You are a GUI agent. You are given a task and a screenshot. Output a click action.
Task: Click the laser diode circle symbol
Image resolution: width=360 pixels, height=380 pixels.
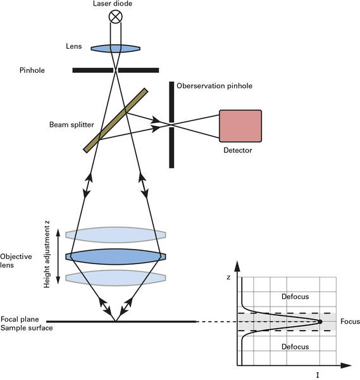116,16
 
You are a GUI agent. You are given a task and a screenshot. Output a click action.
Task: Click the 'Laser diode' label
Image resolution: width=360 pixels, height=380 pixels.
113,4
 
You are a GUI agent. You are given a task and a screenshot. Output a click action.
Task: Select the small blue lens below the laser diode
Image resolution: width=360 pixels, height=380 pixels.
116,49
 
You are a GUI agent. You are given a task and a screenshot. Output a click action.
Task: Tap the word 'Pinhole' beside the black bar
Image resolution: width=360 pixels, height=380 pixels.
32,70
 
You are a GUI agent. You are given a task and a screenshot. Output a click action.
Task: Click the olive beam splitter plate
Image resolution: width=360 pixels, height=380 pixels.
116,120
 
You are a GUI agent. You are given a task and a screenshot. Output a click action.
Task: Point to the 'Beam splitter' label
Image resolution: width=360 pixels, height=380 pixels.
71,125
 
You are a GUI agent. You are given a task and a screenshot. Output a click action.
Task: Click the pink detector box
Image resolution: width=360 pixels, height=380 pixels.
240,126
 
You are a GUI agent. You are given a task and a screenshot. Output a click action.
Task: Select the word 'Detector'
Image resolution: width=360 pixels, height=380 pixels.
238,150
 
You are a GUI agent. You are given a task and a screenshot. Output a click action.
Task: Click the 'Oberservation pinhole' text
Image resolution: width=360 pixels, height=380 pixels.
214,85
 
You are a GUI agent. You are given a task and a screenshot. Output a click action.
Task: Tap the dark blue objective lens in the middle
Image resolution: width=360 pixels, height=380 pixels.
116,256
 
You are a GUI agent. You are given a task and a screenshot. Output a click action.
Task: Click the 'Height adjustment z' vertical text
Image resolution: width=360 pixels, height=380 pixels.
47,254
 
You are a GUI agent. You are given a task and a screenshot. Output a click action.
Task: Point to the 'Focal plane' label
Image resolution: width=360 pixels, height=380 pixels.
20,319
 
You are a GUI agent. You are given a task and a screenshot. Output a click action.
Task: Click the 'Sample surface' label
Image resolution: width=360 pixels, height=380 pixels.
27,328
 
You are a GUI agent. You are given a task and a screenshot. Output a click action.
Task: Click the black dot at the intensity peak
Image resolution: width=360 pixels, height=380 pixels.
320,322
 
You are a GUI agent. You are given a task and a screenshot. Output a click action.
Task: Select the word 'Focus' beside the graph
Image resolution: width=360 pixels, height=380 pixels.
350,322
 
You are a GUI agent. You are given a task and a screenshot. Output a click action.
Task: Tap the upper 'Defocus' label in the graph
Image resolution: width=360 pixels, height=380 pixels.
295,296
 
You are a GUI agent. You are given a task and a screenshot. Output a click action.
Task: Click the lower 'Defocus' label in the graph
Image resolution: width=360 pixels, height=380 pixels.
295,347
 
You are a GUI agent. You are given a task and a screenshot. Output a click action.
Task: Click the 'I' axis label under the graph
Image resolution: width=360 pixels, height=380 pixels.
318,376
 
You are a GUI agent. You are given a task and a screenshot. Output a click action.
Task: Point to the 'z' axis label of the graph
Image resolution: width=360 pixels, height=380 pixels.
228,277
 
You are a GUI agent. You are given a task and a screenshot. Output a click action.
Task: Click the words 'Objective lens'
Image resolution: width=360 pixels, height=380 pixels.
16,261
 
